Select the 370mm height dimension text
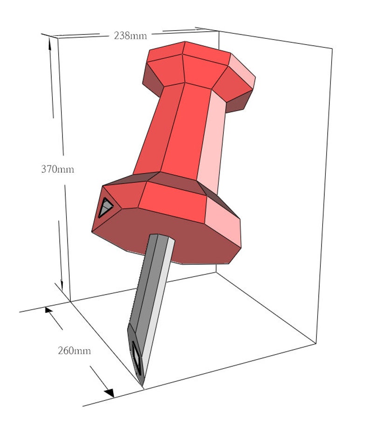pyautogui.click(x=57, y=169)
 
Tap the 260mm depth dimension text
pyautogui.click(x=74, y=350)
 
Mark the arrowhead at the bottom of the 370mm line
pyautogui.click(x=62, y=284)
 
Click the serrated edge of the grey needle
pyautogui.click(x=136, y=289)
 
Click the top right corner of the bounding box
pyautogui.click(x=332, y=48)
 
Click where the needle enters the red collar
pyautogui.click(x=161, y=236)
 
